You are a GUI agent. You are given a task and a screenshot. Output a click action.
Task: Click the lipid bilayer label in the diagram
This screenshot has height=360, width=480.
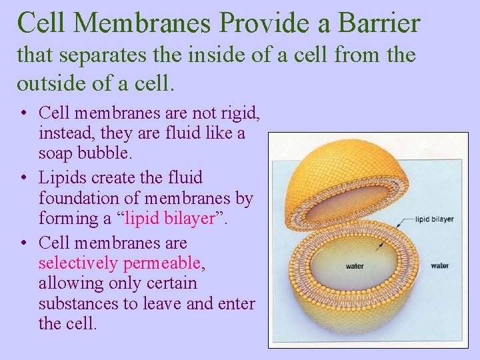pos(434,219)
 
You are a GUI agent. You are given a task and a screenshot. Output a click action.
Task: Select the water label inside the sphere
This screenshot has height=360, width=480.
pos(355,267)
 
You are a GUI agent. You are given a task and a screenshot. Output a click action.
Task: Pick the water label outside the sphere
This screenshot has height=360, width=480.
pos(439,266)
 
